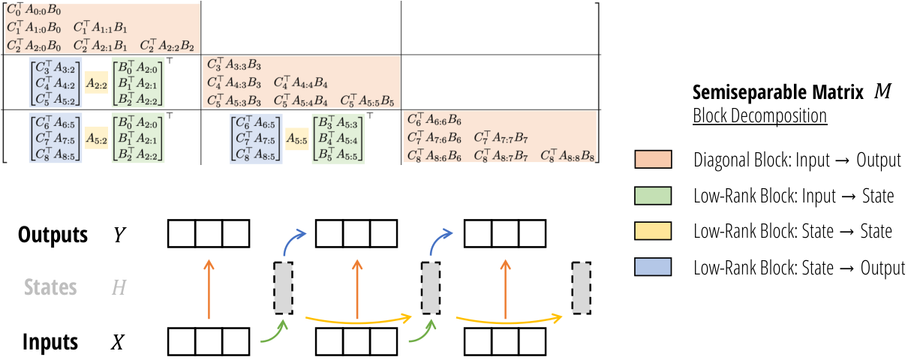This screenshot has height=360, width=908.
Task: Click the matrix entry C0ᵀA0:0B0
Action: pos(34,10)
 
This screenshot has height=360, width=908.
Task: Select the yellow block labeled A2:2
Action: pos(97,83)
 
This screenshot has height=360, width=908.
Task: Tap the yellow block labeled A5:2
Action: pos(97,139)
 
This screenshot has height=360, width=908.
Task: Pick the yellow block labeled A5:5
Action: pos(296,139)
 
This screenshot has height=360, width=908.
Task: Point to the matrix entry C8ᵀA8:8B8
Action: pos(567,155)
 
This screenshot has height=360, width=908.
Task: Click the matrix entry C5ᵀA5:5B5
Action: pos(367,100)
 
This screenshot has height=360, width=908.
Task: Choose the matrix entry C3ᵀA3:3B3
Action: pos(234,64)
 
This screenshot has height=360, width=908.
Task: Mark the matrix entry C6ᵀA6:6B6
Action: pos(434,119)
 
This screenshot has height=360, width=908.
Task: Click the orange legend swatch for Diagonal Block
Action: pos(653,159)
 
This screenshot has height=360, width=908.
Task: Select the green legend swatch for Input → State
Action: pos(653,196)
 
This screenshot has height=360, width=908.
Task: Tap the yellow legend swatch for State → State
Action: pos(653,231)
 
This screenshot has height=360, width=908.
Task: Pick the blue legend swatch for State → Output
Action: pos(653,267)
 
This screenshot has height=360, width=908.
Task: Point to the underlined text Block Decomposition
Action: pos(759,115)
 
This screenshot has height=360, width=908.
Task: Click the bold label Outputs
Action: pos(53,235)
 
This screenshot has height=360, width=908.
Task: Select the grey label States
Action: pos(50,287)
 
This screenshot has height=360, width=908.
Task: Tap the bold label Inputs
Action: pos(50,342)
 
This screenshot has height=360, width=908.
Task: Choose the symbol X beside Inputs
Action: pos(118,342)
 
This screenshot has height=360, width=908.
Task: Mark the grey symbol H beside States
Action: pos(119,287)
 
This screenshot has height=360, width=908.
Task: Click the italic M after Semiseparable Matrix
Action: pos(883,91)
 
